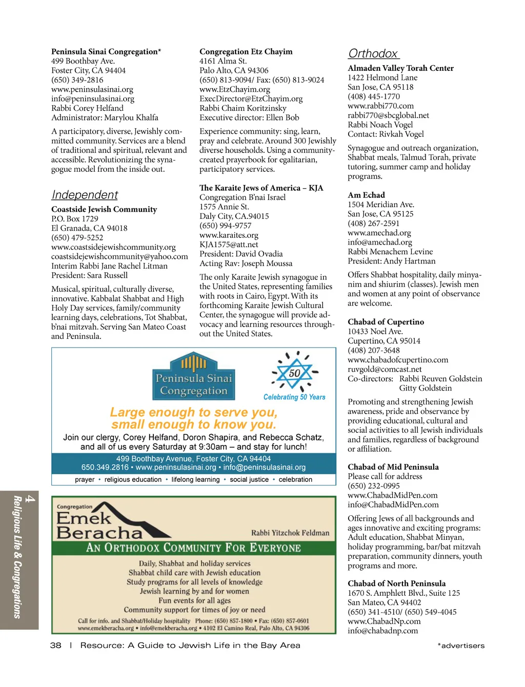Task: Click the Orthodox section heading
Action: (x=373, y=54)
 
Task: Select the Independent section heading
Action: (x=85, y=195)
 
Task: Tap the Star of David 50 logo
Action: (x=294, y=373)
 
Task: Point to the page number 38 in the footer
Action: (x=56, y=645)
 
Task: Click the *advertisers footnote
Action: (x=460, y=646)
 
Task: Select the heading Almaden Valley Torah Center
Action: (x=400, y=68)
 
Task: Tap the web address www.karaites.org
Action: (x=229, y=235)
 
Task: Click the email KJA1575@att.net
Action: (x=229, y=245)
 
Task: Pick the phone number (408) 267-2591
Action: (x=373, y=224)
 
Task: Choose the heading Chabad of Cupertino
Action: (x=386, y=322)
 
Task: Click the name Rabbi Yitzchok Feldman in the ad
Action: (x=290, y=533)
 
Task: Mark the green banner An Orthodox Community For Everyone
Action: (x=193, y=548)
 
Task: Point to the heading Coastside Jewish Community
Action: (x=104, y=209)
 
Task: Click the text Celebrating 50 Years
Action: (x=294, y=397)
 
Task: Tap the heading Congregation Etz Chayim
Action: (x=246, y=52)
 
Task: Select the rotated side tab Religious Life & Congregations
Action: (x=19, y=559)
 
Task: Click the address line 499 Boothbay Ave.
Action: (x=83, y=61)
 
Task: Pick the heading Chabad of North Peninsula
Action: (x=396, y=583)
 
